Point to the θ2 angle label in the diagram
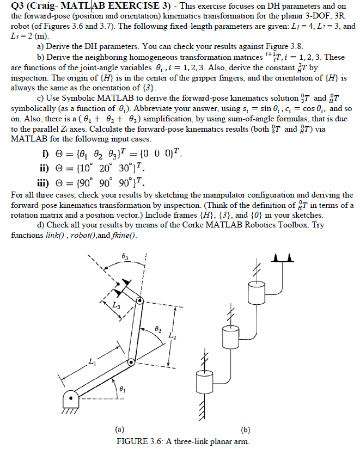(x=158, y=329)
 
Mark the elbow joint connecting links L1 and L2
(x=131, y=362)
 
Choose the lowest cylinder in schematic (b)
(x=204, y=379)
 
